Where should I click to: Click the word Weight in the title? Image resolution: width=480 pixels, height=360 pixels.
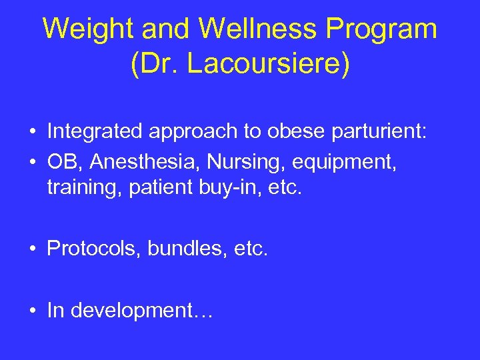81,29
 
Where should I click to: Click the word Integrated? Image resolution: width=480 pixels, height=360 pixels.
95,132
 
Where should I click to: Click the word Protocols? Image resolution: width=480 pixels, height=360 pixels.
93,249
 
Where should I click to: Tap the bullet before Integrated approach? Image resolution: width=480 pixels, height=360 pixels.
33,133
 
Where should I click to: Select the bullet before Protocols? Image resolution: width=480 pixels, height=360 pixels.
33,250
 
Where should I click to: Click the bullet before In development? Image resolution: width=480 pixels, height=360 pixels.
33,311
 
